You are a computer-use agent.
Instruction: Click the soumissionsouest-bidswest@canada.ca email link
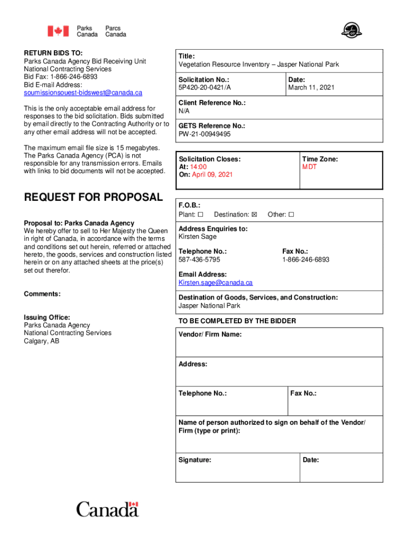(83, 93)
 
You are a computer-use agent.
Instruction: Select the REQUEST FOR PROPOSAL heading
(94, 198)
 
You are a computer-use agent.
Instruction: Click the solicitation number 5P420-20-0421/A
(205, 88)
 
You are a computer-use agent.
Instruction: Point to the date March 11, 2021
(311, 88)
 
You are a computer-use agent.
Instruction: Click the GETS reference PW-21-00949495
(205, 134)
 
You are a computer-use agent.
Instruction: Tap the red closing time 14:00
(199, 167)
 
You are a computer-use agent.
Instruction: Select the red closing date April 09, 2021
(212, 175)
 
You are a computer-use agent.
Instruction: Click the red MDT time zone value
(309, 167)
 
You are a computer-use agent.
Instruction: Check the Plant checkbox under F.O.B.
(200, 214)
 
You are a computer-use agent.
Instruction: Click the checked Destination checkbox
(254, 214)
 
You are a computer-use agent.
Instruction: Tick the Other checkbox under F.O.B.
(291, 214)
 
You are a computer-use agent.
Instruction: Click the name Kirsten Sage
(197, 237)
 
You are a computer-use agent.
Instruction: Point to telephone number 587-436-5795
(199, 260)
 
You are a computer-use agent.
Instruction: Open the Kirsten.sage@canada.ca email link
(215, 283)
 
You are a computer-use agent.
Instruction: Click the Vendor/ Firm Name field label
(210, 334)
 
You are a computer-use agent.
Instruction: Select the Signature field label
(195, 460)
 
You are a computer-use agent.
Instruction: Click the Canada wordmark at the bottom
(107, 510)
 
